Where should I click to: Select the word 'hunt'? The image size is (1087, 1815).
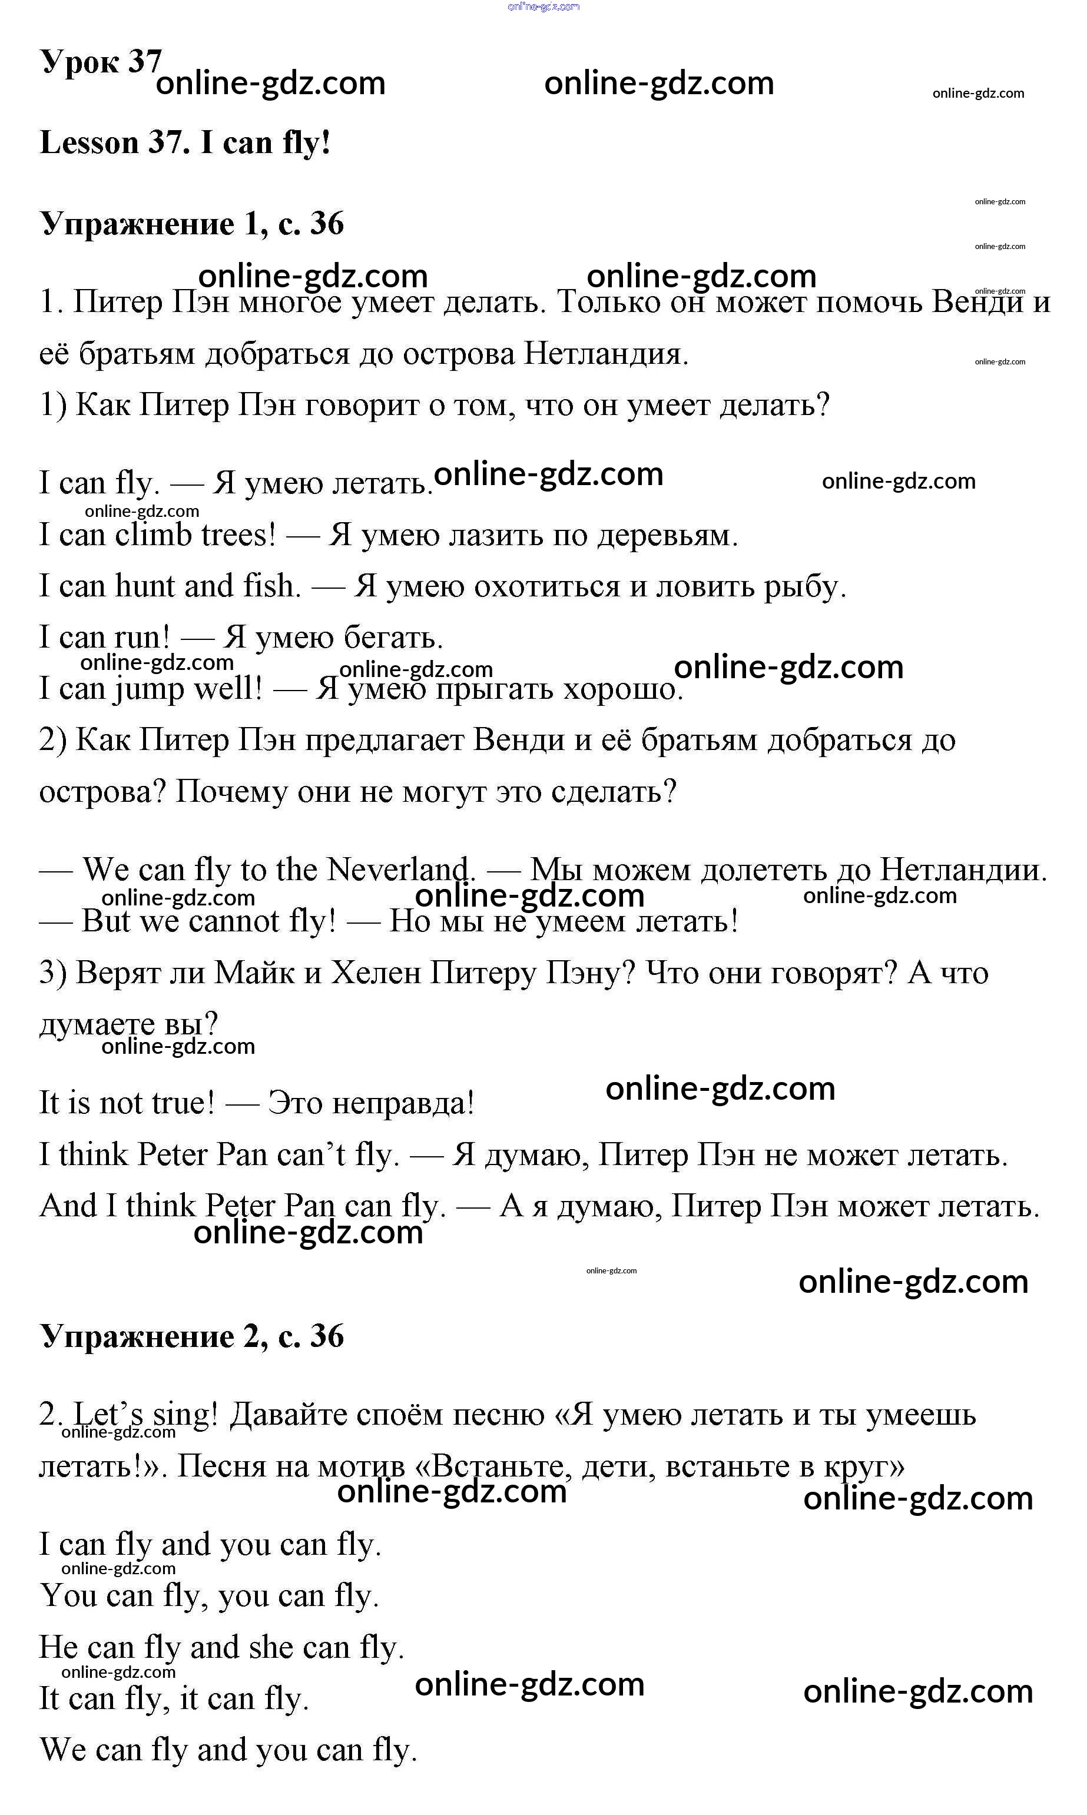[144, 586]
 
